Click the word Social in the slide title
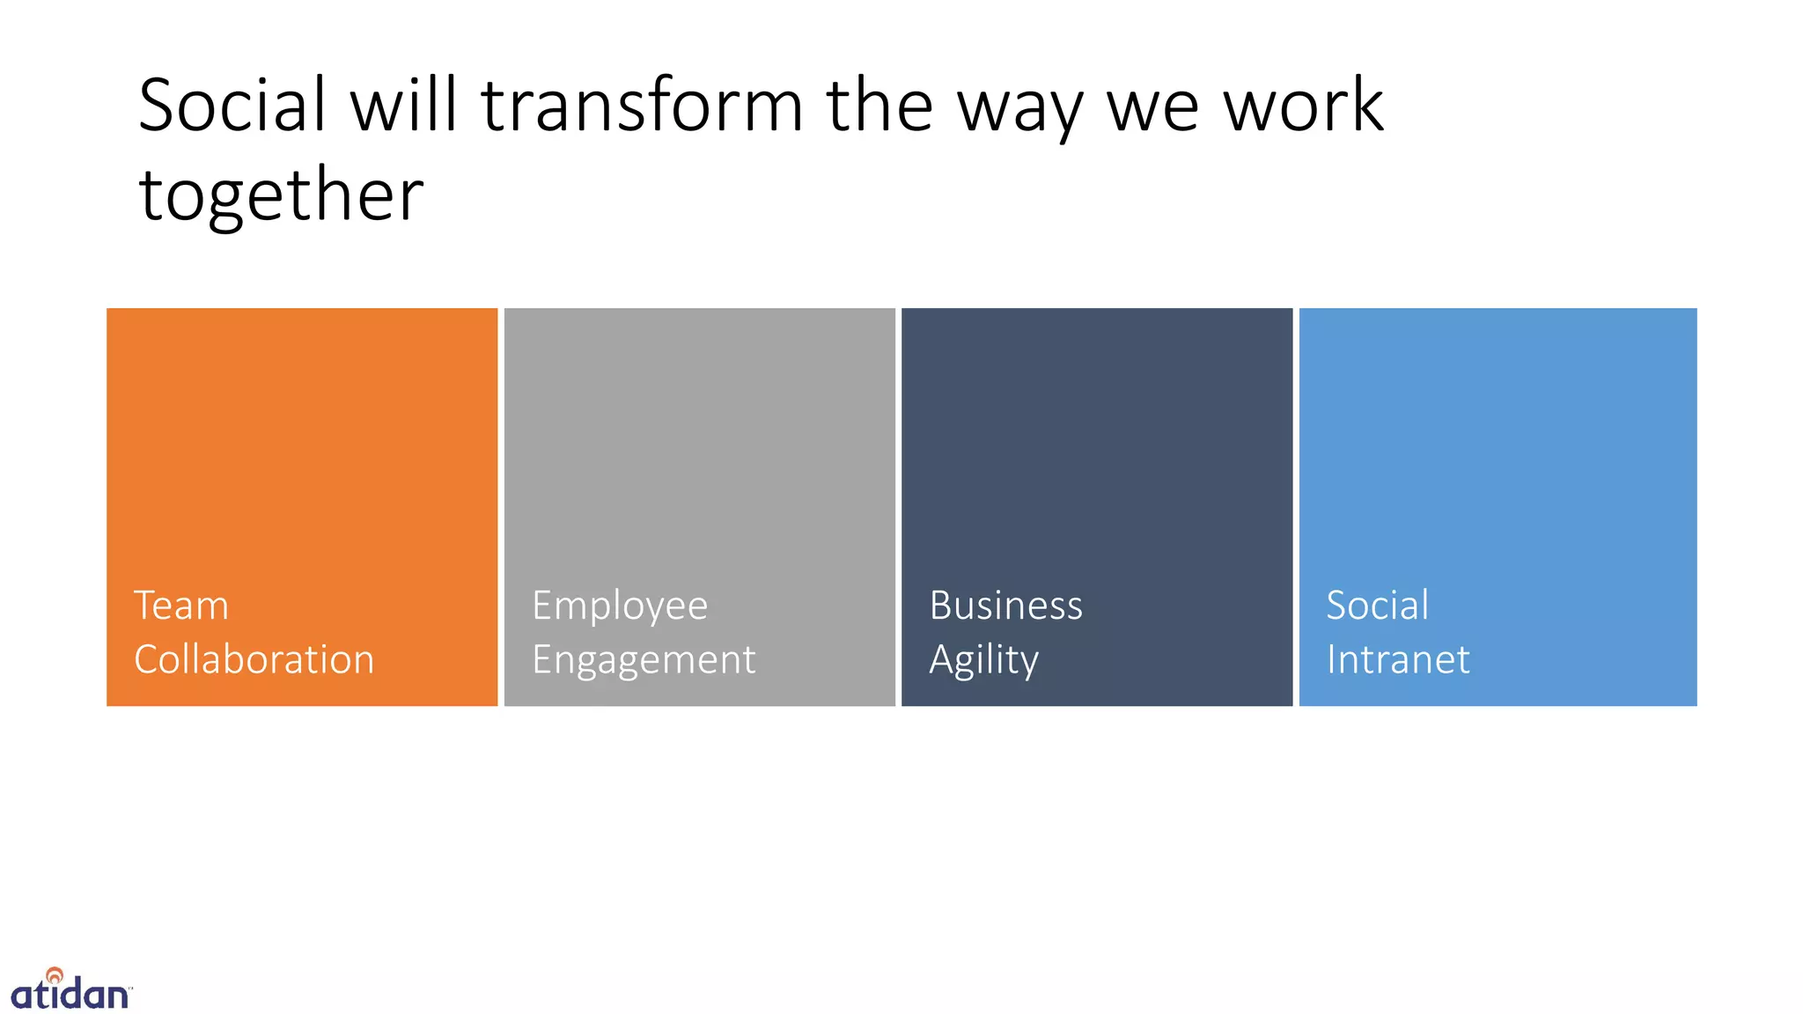pos(232,106)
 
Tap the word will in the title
pos(404,106)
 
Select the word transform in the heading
pos(642,106)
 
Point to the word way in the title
pos(1020,110)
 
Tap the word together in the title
pos(281,195)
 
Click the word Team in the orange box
pos(181,606)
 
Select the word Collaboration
pos(254,659)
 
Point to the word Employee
pos(620,606)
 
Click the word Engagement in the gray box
pos(644,660)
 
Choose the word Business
pos(1005,606)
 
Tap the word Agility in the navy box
pos(983,660)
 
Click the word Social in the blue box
pos(1377,606)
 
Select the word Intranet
pos(1398,659)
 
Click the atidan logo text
pos(70,995)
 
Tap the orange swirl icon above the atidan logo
pos(55,974)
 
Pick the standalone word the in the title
pos(879,106)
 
